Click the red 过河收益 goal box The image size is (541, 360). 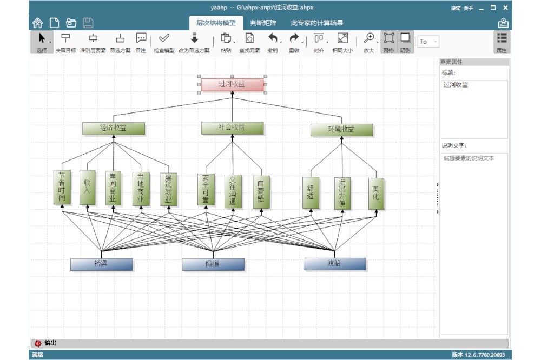[232, 84]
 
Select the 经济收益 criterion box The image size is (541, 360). [114, 129]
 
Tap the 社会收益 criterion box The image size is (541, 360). [232, 128]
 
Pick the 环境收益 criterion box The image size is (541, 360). [341, 130]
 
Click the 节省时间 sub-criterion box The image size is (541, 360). [62, 187]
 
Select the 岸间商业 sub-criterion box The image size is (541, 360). [113, 188]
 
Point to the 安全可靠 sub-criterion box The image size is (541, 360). [206, 189]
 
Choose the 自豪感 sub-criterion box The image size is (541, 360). [261, 191]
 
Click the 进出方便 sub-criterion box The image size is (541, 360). [342, 193]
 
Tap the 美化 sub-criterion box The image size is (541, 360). [376, 193]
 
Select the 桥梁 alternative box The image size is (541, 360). [101, 264]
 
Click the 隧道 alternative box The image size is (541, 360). [213, 264]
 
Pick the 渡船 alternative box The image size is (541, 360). [334, 264]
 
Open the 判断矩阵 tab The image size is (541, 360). [263, 23]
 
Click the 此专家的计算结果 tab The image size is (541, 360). [317, 23]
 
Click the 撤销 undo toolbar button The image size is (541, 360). [274, 42]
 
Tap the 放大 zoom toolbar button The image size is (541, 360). [369, 42]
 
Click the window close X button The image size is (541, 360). [505, 8]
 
